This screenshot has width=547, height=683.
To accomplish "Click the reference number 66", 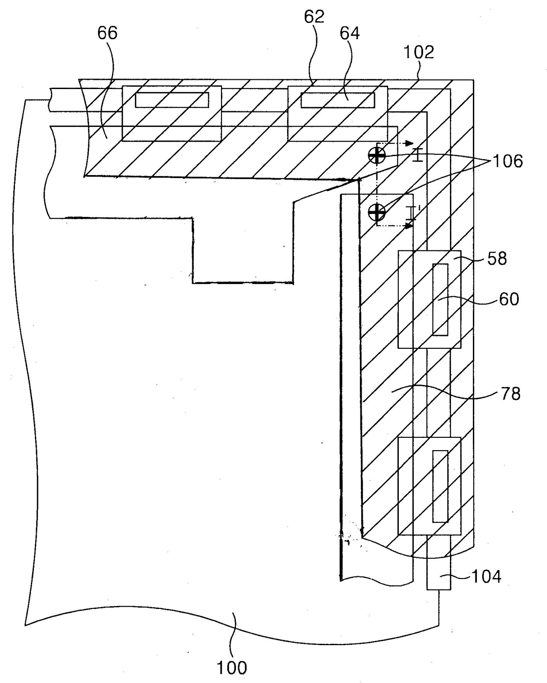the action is (107, 33).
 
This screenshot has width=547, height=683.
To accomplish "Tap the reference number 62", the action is (314, 17).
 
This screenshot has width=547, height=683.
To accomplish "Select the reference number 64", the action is (350, 33).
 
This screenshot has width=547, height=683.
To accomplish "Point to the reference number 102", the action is (419, 52).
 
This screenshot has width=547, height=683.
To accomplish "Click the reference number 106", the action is (507, 161).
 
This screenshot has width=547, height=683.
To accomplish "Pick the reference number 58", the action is (497, 258).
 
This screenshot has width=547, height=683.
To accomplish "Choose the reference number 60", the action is (509, 299).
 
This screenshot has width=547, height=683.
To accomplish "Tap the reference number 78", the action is (510, 394).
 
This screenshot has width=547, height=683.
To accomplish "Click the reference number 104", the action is (486, 577).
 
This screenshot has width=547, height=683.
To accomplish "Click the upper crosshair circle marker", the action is (377, 156).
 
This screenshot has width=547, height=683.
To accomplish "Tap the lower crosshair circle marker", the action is (377, 212).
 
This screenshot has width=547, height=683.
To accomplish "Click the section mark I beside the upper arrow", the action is (417, 155).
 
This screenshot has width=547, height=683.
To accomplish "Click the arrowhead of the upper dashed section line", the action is (409, 143).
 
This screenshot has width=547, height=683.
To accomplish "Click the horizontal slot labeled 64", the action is (337, 100).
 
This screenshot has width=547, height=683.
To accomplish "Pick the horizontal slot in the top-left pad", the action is (172, 100).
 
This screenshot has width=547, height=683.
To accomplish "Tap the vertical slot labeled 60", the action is (440, 299).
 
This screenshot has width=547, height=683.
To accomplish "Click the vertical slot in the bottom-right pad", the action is (440, 486).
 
